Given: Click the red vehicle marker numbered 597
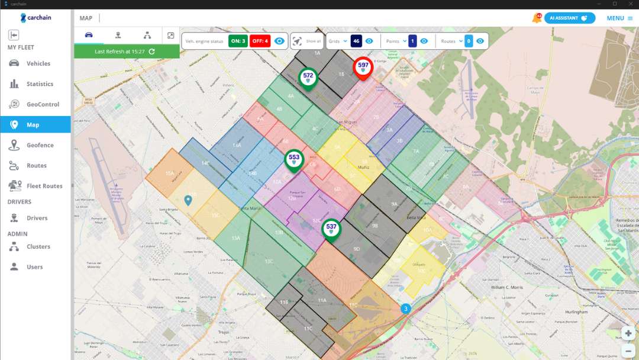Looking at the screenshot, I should (363, 67).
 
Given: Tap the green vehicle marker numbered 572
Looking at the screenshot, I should (308, 77).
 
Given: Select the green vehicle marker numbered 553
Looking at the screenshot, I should (294, 159).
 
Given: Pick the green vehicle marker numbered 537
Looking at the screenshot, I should (331, 228).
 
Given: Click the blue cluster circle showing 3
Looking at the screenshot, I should (405, 308).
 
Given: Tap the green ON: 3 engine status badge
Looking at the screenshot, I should (238, 41).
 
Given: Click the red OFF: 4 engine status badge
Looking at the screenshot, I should (259, 41).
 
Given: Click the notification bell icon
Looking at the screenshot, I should (536, 18).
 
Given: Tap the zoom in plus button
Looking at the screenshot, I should (628, 333).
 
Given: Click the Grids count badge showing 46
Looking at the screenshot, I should (356, 41).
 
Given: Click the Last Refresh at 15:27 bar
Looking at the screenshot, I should (127, 52).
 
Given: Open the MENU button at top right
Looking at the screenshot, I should (619, 18).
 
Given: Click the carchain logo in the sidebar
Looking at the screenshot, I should (35, 18).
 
